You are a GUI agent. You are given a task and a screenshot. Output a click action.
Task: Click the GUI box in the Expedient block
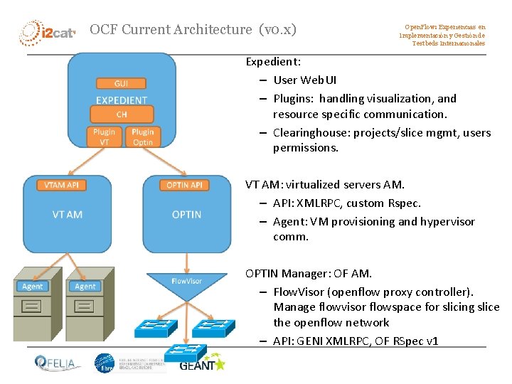pos(121,84)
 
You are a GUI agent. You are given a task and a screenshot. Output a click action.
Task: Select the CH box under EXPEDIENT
pos(121,114)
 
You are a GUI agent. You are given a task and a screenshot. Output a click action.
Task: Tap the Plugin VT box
pos(104,137)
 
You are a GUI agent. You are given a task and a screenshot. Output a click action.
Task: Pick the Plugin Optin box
pos(142,137)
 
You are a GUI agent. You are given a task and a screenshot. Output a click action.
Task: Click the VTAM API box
pos(61,185)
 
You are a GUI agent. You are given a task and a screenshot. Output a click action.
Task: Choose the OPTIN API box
pos(184,185)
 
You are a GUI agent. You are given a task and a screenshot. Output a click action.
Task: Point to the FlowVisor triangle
pos(186,282)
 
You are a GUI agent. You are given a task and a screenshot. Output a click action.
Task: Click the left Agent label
pos(33,287)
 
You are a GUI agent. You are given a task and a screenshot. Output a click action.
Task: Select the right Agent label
pos(85,287)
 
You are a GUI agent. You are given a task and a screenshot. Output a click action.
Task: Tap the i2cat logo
pos(47,32)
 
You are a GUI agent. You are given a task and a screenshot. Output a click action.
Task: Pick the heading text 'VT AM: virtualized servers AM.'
pos(325,185)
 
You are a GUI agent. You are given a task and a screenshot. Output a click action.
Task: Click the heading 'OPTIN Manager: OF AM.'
pos(309,273)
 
